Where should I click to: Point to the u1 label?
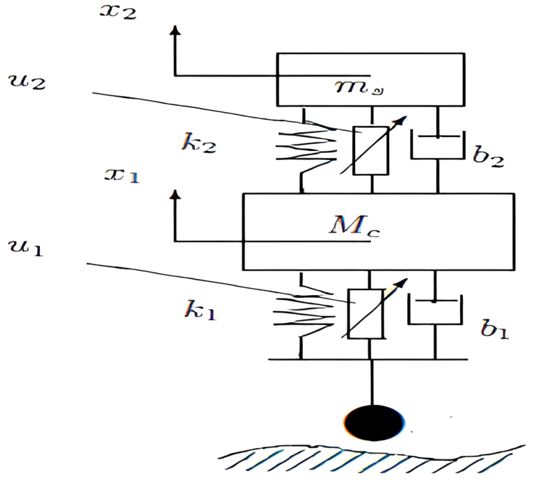[x=26, y=248]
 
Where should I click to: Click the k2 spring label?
[x=199, y=144]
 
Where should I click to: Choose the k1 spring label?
[x=200, y=310]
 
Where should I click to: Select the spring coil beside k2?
[x=306, y=148]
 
